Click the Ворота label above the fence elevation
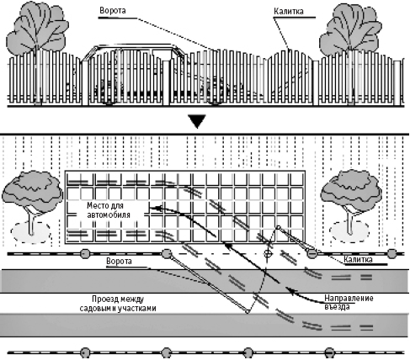(113, 11)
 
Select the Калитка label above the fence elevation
(289, 12)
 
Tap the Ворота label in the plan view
(119, 262)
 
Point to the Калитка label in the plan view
(358, 260)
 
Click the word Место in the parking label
(97, 205)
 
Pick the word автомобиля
(109, 215)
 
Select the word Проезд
(103, 299)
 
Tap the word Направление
(349, 298)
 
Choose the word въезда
(337, 307)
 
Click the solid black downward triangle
(197, 121)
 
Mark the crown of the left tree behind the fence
(38, 28)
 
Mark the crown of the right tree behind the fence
(350, 29)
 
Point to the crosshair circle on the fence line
(269, 254)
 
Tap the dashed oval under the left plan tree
(31, 232)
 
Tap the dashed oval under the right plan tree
(349, 231)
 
